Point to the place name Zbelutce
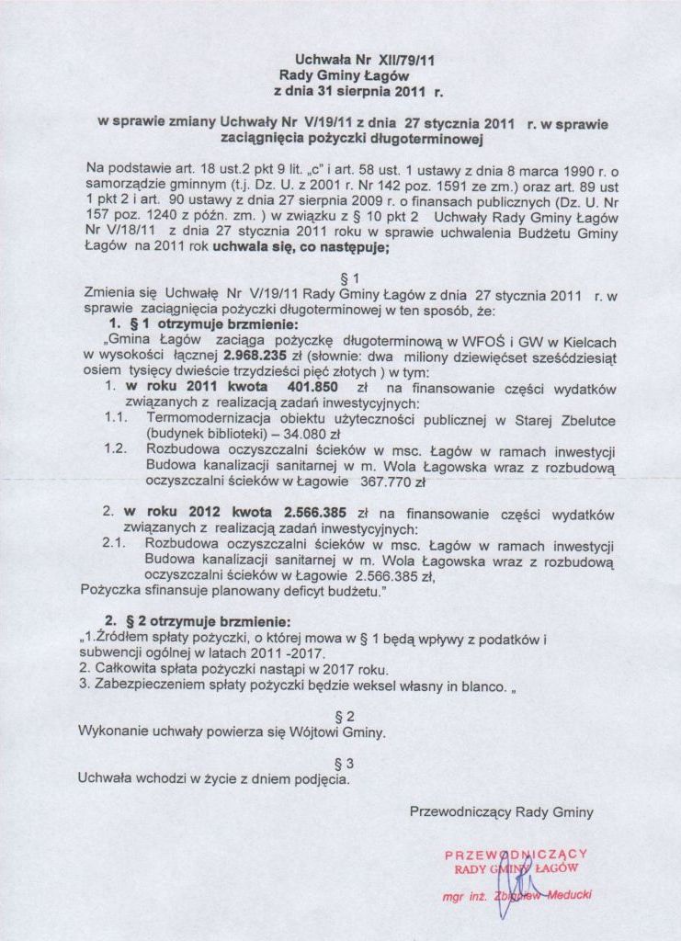click(x=584, y=421)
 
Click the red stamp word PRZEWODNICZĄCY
click(x=514, y=854)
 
